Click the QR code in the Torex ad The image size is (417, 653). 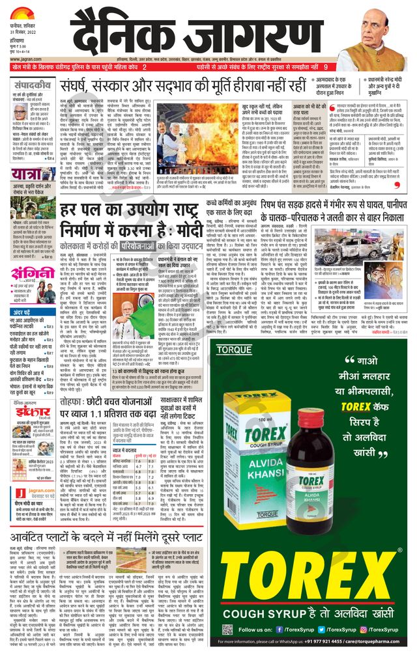[227, 630]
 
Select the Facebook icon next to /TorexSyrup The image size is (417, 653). [280, 630]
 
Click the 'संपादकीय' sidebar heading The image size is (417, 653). [33, 83]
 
